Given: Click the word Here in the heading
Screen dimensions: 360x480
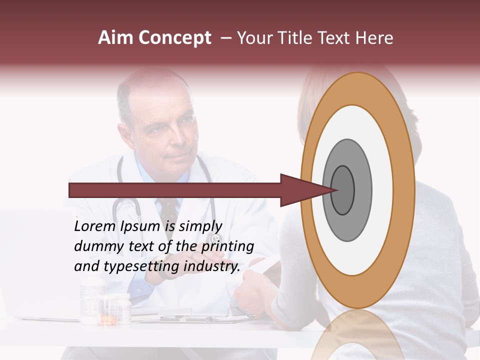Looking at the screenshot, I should click(374, 38).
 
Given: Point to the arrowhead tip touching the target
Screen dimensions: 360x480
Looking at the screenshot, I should click(336, 190).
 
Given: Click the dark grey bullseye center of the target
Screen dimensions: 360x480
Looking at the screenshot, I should click(343, 190).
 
